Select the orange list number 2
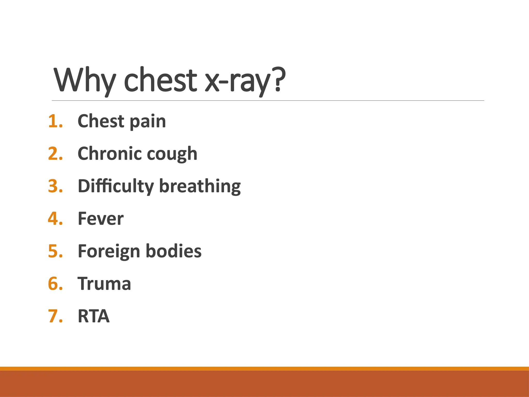click(55, 154)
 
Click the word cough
click(172, 155)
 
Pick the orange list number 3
click(55, 186)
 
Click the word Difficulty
click(116, 187)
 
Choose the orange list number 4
click(55, 219)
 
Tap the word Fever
click(101, 219)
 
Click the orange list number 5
click(55, 251)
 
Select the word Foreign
click(108, 252)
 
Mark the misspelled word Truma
click(104, 284)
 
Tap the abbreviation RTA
click(94, 316)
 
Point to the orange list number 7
click(55, 316)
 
